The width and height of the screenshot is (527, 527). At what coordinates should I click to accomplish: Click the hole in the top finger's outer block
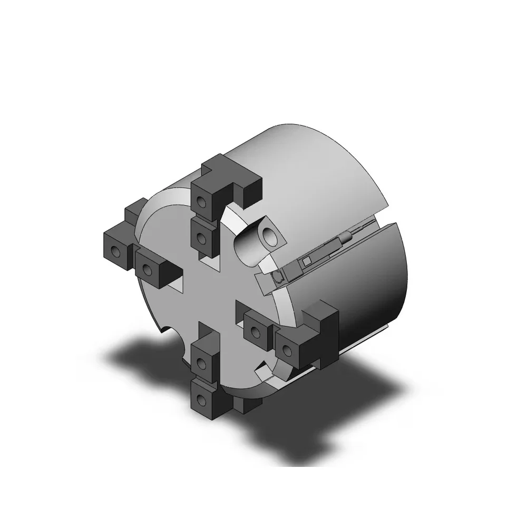point(201,201)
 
